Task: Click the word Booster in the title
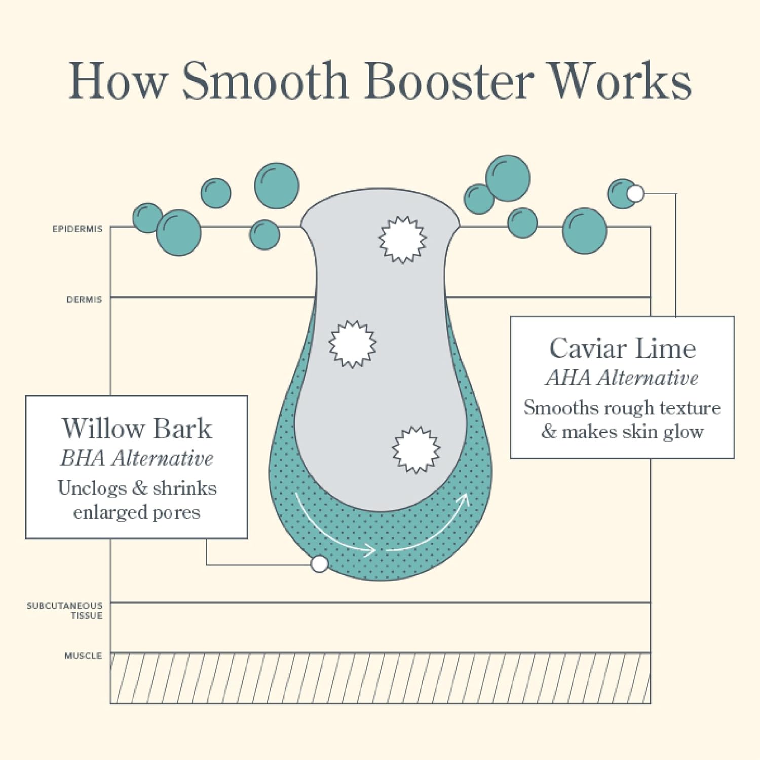[448, 81]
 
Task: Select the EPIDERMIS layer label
[78, 229]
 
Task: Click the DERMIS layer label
[84, 300]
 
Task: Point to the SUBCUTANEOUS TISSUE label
[65, 611]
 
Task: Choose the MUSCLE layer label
[83, 656]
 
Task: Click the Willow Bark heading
[136, 429]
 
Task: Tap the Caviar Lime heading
[623, 349]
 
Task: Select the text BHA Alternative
[136, 459]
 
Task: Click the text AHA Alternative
[622, 378]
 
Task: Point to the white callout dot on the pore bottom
[319, 563]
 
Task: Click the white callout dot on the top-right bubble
[635, 193]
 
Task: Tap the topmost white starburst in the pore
[403, 240]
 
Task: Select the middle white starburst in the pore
[352, 344]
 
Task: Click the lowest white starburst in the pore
[416, 449]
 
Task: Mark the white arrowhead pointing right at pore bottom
[371, 550]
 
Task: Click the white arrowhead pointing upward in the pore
[464, 499]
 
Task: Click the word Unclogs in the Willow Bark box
[92, 488]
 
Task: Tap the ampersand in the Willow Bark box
[139, 488]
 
